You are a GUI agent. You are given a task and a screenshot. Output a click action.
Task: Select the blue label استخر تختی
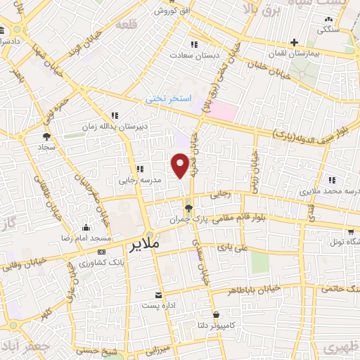click(x=169, y=100)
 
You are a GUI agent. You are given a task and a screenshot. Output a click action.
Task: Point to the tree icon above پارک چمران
click(x=188, y=207)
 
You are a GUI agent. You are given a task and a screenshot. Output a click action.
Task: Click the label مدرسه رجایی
click(x=139, y=181)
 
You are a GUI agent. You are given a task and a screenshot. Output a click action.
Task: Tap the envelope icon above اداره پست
click(x=158, y=294)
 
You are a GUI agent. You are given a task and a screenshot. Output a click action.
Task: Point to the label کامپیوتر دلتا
click(x=214, y=326)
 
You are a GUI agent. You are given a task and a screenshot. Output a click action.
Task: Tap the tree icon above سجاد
click(x=46, y=137)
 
